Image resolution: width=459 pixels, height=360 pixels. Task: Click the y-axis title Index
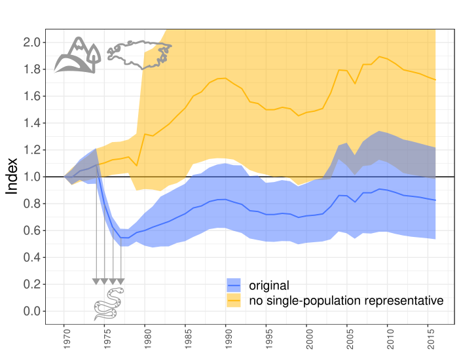click(12, 176)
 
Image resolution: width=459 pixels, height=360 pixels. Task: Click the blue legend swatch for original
click(234, 285)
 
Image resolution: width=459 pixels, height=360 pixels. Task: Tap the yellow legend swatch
click(234, 300)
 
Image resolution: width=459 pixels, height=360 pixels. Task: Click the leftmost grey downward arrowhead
click(96, 281)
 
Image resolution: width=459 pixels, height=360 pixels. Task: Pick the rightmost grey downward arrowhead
click(120, 281)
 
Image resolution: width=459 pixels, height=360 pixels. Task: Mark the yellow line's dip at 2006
click(355, 83)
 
